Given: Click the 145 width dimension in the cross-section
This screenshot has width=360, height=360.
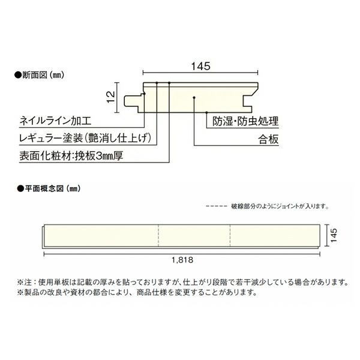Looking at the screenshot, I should [200, 67].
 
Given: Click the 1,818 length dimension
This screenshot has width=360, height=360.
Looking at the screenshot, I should [181, 261].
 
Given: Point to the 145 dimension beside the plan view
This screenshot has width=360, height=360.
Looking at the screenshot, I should [332, 236].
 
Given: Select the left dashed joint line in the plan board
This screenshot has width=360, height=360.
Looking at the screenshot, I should [158, 236].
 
